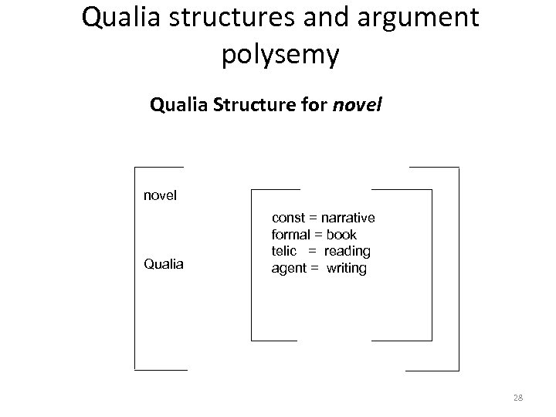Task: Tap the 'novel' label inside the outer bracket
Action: (x=161, y=195)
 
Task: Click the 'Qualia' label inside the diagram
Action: (x=164, y=264)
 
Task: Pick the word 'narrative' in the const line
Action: (x=348, y=219)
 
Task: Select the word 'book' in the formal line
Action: (x=341, y=235)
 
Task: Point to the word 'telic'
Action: (x=286, y=252)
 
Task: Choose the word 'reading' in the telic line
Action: (x=347, y=252)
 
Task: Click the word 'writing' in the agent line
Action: (x=347, y=269)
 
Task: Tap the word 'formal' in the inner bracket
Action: (x=290, y=235)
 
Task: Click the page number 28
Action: (x=517, y=398)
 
